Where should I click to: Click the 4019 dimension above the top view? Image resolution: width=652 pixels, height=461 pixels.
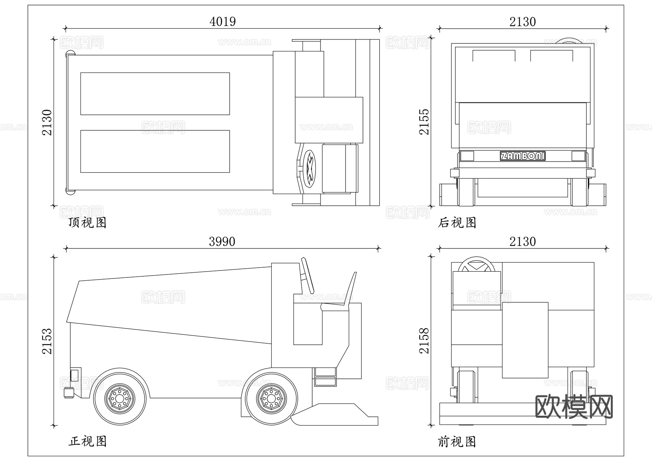pos(222,22)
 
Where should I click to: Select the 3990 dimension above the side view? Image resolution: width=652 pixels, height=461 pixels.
pos(222,242)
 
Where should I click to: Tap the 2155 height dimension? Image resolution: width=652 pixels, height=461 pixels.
pos(424,122)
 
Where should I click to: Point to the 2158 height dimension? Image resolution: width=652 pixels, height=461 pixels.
pos(424,341)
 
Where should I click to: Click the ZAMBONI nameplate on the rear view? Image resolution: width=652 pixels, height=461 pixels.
pos(522,156)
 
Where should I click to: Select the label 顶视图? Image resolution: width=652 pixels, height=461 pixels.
pos(87,222)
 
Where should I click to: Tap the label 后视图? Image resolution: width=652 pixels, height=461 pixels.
pos(457,222)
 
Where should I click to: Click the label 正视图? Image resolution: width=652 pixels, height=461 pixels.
pos(87,441)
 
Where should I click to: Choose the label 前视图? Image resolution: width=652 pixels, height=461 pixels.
pos(457,441)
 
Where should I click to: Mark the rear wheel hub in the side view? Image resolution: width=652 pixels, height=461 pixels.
pos(119,398)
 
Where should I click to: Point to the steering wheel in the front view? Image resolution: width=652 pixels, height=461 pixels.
pos(477,264)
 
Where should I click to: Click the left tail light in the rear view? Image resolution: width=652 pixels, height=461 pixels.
pos(467,156)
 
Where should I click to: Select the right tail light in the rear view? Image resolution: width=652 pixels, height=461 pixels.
pos(578,156)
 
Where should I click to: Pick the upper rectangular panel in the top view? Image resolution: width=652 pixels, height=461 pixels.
pos(155,93)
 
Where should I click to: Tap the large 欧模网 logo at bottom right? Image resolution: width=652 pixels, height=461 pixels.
pos(574,406)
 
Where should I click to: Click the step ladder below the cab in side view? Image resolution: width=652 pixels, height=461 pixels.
pos(325,377)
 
